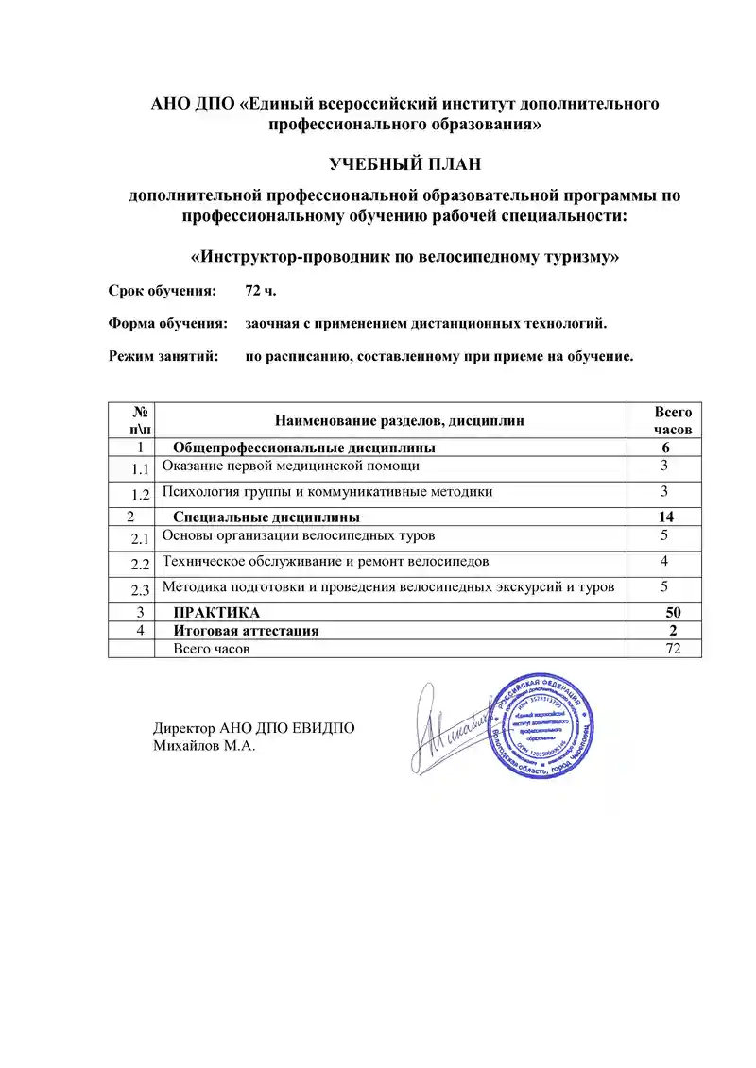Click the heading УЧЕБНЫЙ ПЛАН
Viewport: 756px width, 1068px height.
click(404, 165)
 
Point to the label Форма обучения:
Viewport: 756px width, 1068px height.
click(168, 323)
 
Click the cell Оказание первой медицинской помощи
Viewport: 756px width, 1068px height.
click(291, 466)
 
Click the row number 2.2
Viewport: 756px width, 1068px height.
click(141, 565)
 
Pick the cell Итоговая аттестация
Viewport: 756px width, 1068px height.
click(246, 630)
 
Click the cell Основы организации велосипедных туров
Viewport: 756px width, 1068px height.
click(299, 536)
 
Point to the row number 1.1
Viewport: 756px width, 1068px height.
click(141, 469)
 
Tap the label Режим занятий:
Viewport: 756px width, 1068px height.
click(163, 357)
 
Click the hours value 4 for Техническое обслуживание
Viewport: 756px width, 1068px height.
click(665, 561)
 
